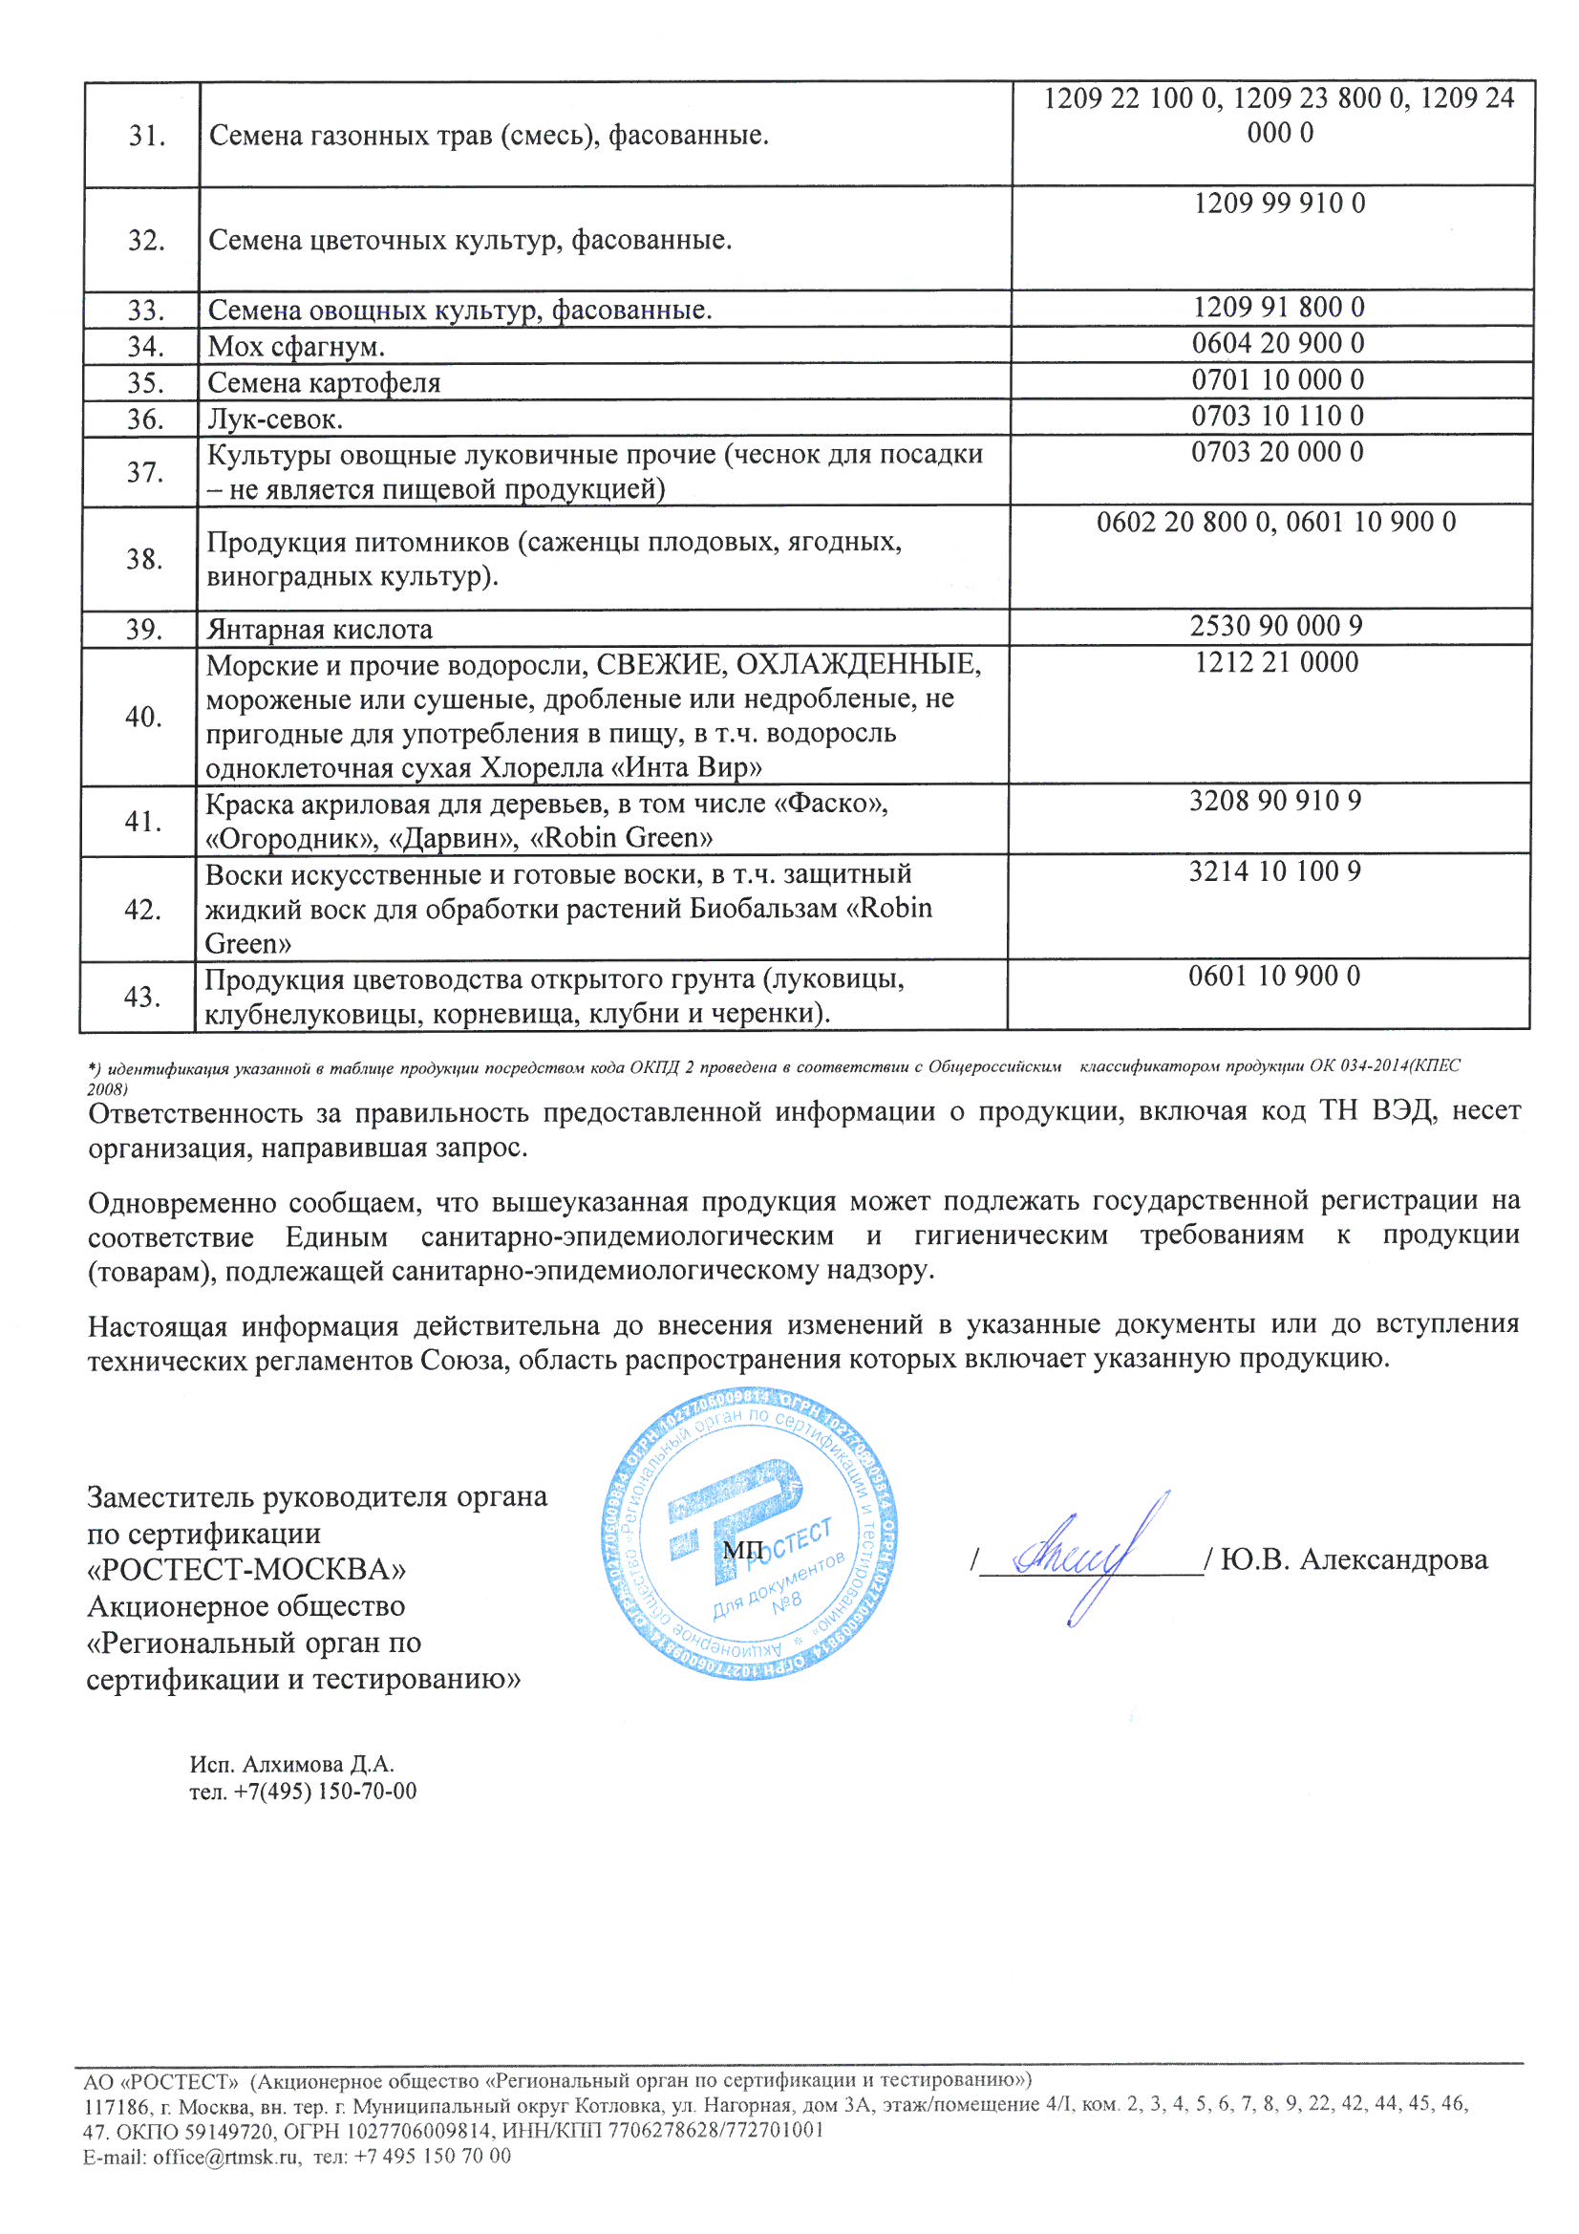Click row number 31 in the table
point(147,137)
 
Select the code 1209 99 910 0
point(1278,204)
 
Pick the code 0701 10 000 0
point(1277,379)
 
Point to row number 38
point(144,560)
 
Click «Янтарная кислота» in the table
point(319,630)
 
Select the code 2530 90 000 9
point(1275,626)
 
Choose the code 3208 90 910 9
point(1274,801)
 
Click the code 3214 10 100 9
point(1274,871)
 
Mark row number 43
point(142,997)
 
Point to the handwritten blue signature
point(1085,1557)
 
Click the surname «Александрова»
point(1393,1559)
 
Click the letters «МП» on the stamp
point(742,1547)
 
